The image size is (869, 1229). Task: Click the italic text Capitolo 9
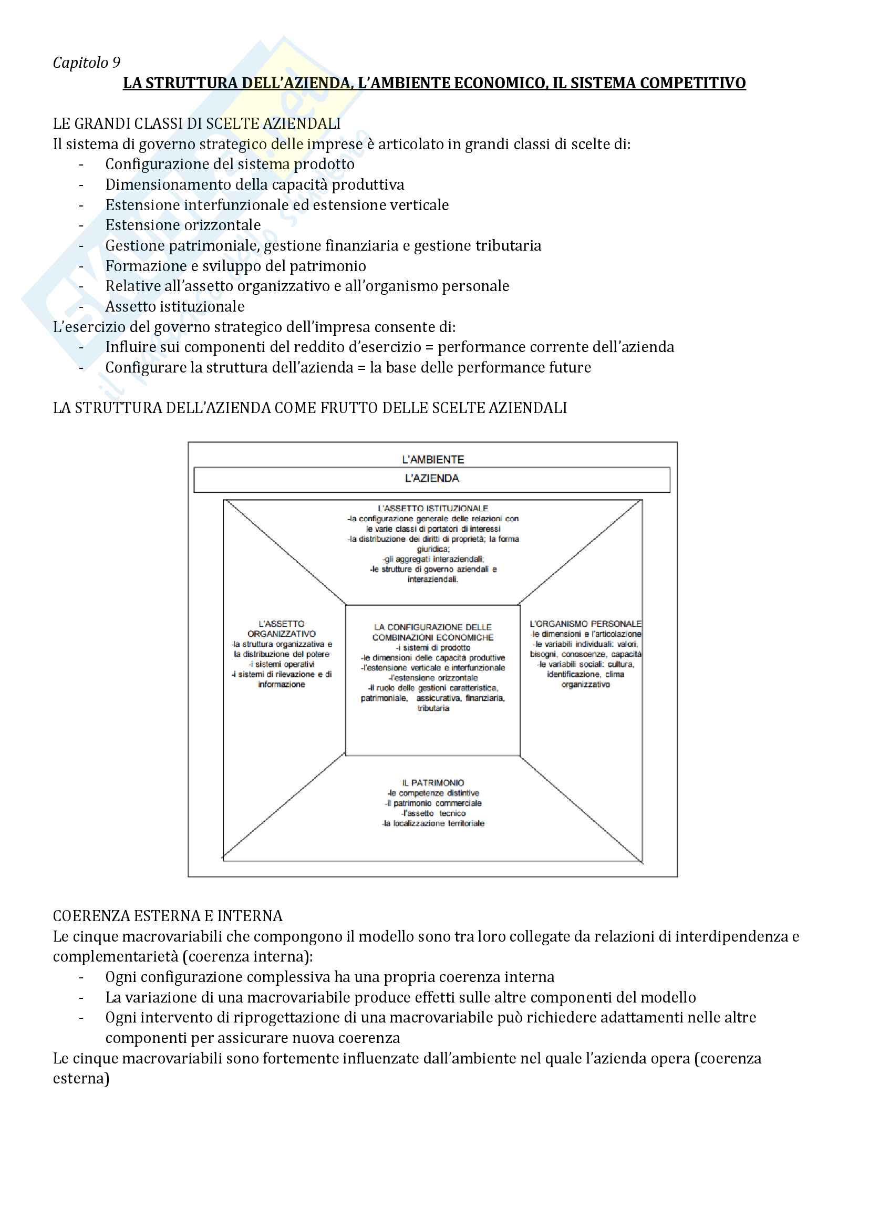pyautogui.click(x=87, y=63)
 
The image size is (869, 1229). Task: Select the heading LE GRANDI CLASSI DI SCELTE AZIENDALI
pyautogui.click(x=196, y=123)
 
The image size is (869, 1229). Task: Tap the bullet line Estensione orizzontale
pyautogui.click(x=183, y=225)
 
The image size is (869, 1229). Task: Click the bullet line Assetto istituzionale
pyautogui.click(x=174, y=307)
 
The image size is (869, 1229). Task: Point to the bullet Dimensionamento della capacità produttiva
pyautogui.click(x=255, y=184)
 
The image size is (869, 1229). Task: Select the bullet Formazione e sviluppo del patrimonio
pyautogui.click(x=235, y=266)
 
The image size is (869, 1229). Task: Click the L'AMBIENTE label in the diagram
pyautogui.click(x=433, y=459)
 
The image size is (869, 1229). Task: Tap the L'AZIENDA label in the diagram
pyautogui.click(x=432, y=479)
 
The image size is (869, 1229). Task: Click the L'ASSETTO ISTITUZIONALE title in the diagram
pyautogui.click(x=433, y=509)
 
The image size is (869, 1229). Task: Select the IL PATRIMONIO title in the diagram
pyautogui.click(x=433, y=782)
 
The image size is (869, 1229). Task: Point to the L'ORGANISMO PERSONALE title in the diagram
pyautogui.click(x=585, y=624)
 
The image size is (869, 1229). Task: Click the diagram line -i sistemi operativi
pyautogui.click(x=282, y=664)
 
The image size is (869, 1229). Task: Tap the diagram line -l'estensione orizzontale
pyautogui.click(x=433, y=678)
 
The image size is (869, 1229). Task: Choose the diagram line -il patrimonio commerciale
pyautogui.click(x=433, y=803)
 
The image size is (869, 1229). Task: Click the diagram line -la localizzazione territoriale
pyautogui.click(x=433, y=823)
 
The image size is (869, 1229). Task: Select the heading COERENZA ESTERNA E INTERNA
pyautogui.click(x=168, y=916)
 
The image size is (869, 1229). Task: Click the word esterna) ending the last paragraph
pyautogui.click(x=81, y=1079)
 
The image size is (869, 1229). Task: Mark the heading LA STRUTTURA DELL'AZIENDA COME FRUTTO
pyautogui.click(x=310, y=408)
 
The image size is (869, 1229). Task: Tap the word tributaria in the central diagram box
pyautogui.click(x=433, y=708)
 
